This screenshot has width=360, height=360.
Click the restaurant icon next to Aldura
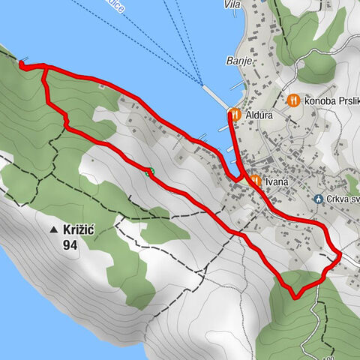tap(235, 114)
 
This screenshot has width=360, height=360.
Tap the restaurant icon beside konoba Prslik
tap(293, 100)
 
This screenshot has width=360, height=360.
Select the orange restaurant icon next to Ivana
tap(255, 181)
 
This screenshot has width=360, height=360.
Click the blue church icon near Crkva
tap(318, 199)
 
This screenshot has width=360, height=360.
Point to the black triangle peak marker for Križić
tap(54, 230)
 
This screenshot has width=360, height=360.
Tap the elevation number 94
tap(70, 244)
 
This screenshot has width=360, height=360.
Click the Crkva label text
tap(341, 199)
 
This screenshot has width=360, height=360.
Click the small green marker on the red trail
tap(150, 172)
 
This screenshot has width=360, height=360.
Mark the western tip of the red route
tap(20, 66)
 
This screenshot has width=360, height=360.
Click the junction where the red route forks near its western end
tap(44, 67)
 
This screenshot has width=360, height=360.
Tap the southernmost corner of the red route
tap(295, 295)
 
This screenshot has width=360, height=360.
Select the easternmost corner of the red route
tap(339, 256)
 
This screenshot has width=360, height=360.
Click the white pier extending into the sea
tap(216, 97)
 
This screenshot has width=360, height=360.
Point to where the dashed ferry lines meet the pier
tap(203, 85)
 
